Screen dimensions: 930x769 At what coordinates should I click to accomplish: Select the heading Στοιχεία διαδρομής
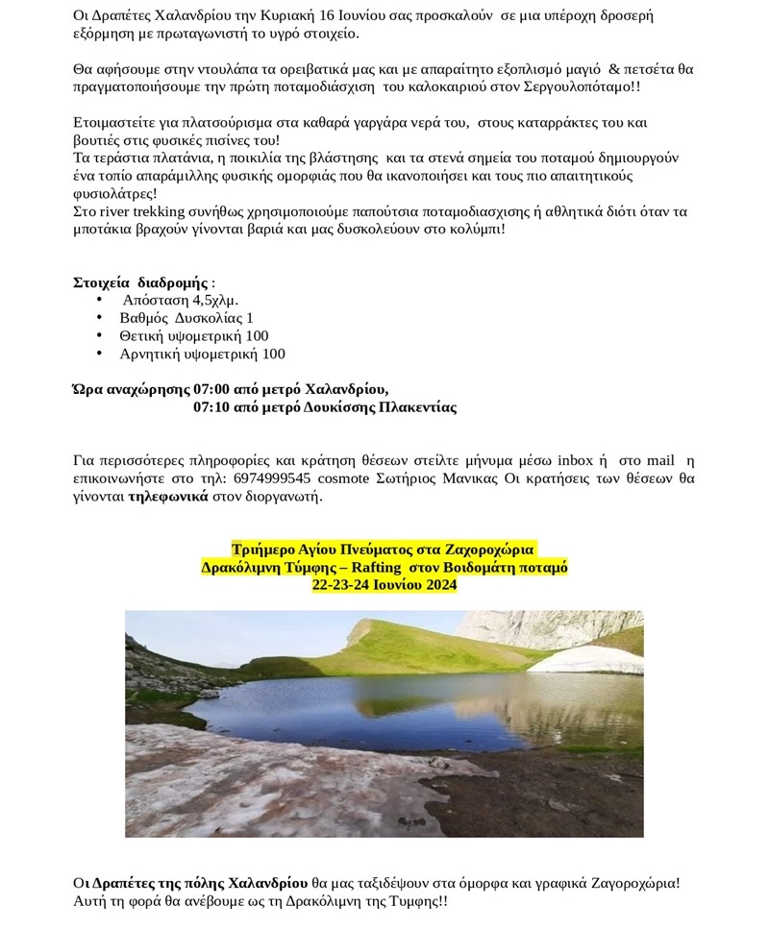click(x=140, y=282)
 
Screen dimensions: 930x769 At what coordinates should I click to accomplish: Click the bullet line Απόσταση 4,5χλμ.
click(x=180, y=300)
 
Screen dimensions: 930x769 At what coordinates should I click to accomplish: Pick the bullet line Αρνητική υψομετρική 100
click(x=202, y=354)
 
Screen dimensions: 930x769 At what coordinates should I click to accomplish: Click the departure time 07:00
click(x=212, y=389)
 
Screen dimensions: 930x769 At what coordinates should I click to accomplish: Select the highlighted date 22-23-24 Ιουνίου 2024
click(x=384, y=584)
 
